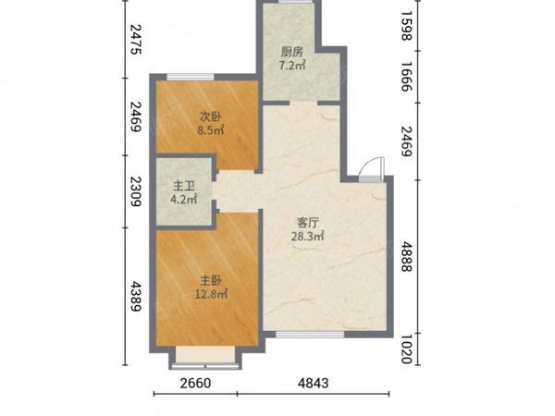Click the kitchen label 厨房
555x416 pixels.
click(292, 52)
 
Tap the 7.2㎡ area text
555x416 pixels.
click(292, 66)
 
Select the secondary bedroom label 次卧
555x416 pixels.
click(211, 116)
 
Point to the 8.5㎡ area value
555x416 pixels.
click(211, 130)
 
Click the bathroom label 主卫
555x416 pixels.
click(184, 186)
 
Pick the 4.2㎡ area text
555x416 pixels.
click(184, 200)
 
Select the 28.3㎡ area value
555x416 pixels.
click(308, 236)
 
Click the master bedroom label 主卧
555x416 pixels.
click(211, 280)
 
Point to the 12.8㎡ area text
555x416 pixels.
click(211, 294)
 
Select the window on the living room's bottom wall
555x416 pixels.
click(310, 334)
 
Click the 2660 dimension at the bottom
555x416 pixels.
click(195, 383)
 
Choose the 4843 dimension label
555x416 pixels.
click(314, 383)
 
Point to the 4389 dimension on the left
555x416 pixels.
click(136, 296)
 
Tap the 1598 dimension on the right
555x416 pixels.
click(407, 26)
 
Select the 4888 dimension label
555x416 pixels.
click(407, 256)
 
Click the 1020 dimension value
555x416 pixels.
click(407, 349)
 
